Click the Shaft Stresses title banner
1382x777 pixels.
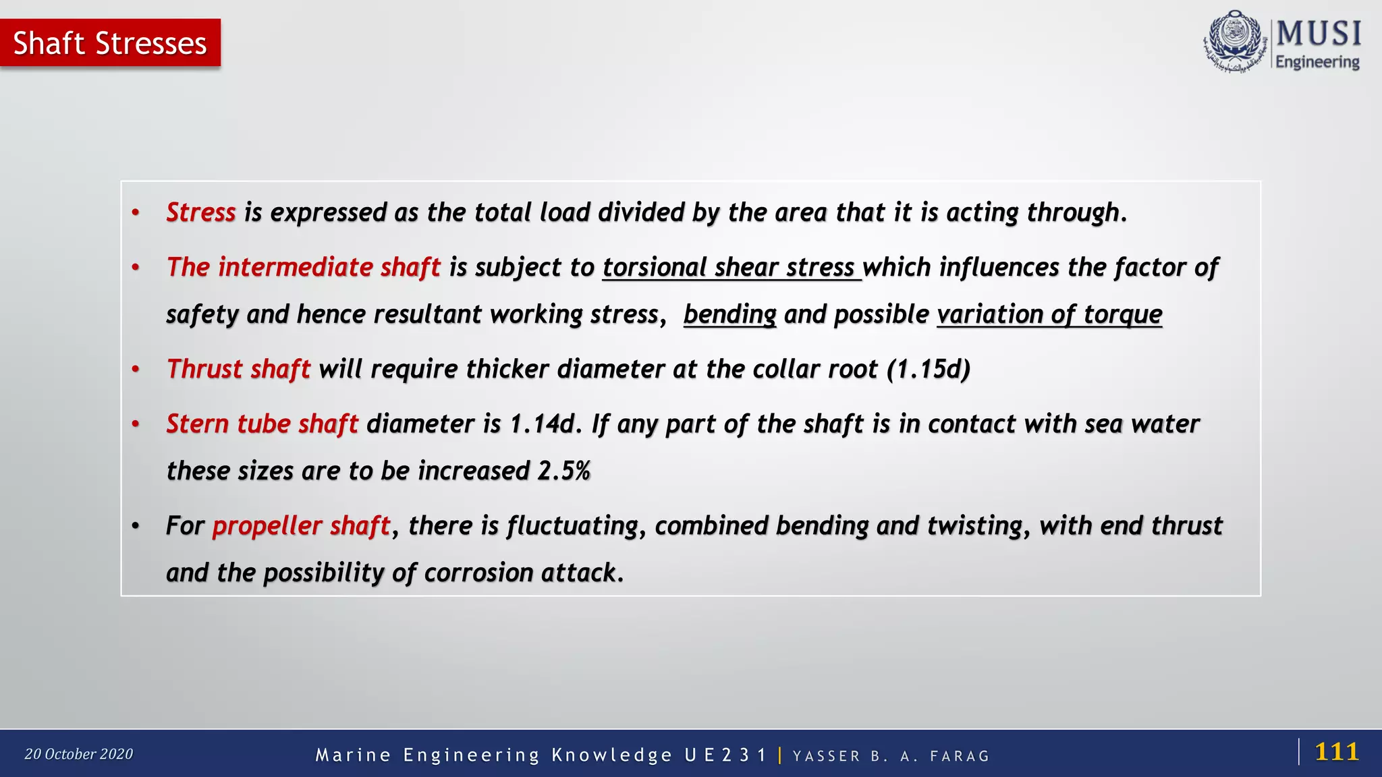(110, 43)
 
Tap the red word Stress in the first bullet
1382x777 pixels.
(200, 212)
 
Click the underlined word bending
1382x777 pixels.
(729, 315)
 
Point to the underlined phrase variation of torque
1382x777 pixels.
(1049, 315)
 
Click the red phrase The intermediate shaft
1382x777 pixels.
(303, 268)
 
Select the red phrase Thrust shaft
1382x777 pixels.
(238, 370)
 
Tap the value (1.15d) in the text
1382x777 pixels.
(929, 370)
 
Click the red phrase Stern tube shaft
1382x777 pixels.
(262, 424)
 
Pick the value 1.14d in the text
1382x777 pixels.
(542, 424)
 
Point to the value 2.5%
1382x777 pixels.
(564, 471)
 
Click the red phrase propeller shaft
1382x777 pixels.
(301, 526)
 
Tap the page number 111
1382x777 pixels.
(1336, 751)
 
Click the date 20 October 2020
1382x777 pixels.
(79, 754)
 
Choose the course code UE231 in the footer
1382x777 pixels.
(725, 755)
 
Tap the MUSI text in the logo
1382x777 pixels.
(1319, 34)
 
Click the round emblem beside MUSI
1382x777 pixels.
(1235, 40)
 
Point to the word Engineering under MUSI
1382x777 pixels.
(1317, 62)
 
